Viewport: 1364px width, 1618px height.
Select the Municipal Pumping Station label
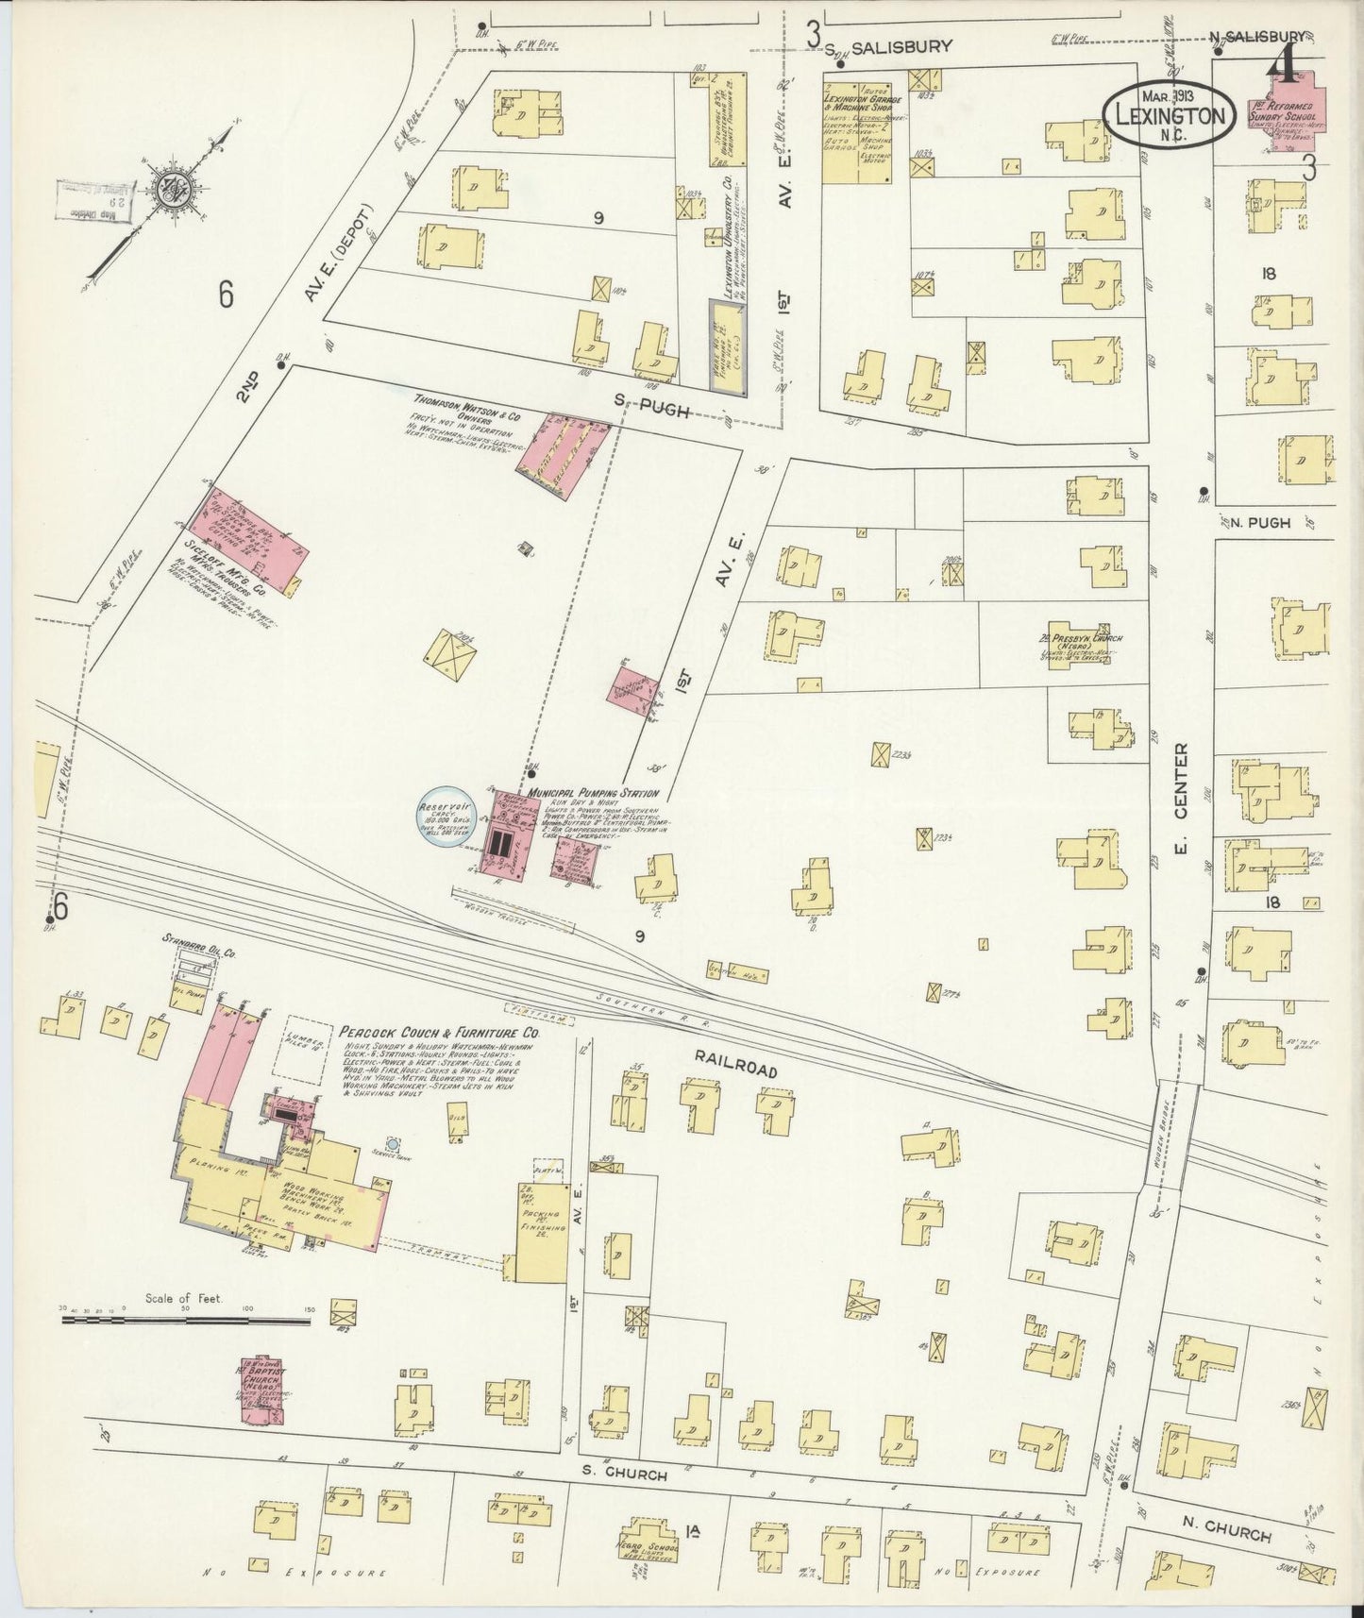pos(593,794)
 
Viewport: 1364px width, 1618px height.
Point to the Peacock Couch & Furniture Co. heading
pos(440,1034)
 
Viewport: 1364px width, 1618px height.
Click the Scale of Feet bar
pos(186,1322)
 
